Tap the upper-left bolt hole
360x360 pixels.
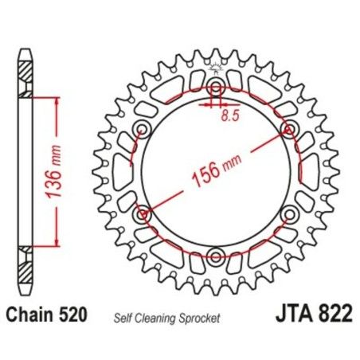coord(143,129)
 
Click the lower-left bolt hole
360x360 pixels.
coord(143,213)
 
